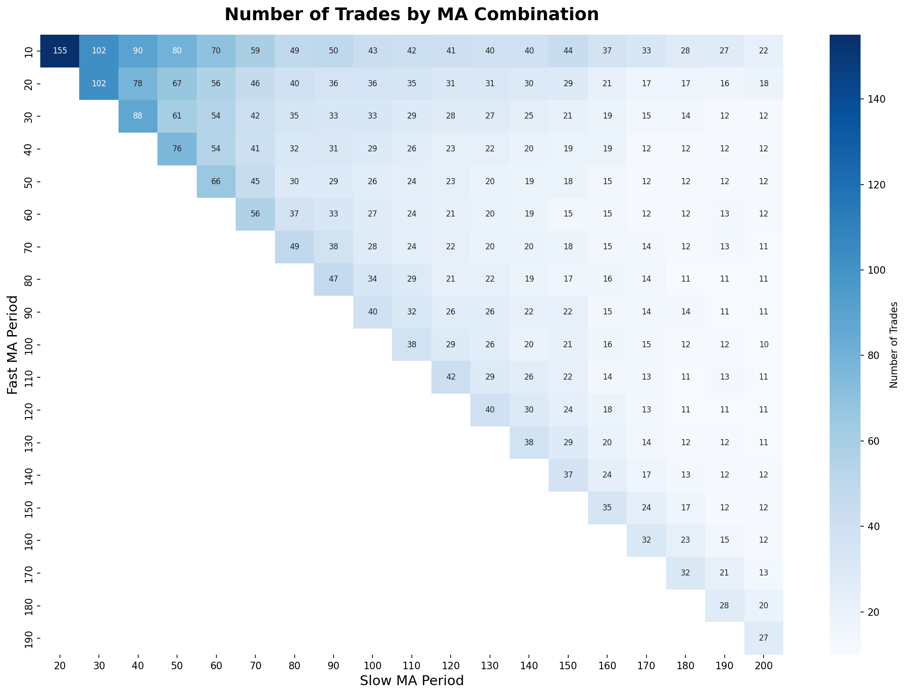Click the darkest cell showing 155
[60, 51]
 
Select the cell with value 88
[138, 116]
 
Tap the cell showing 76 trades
[177, 149]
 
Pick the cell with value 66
[216, 181]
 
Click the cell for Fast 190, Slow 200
[763, 638]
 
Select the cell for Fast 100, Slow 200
[763, 344]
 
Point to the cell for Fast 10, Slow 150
[568, 51]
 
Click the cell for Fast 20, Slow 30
[99, 84]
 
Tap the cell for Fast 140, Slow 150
[568, 475]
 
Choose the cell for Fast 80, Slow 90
[333, 279]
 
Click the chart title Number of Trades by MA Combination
[411, 15]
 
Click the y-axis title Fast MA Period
[13, 344]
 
